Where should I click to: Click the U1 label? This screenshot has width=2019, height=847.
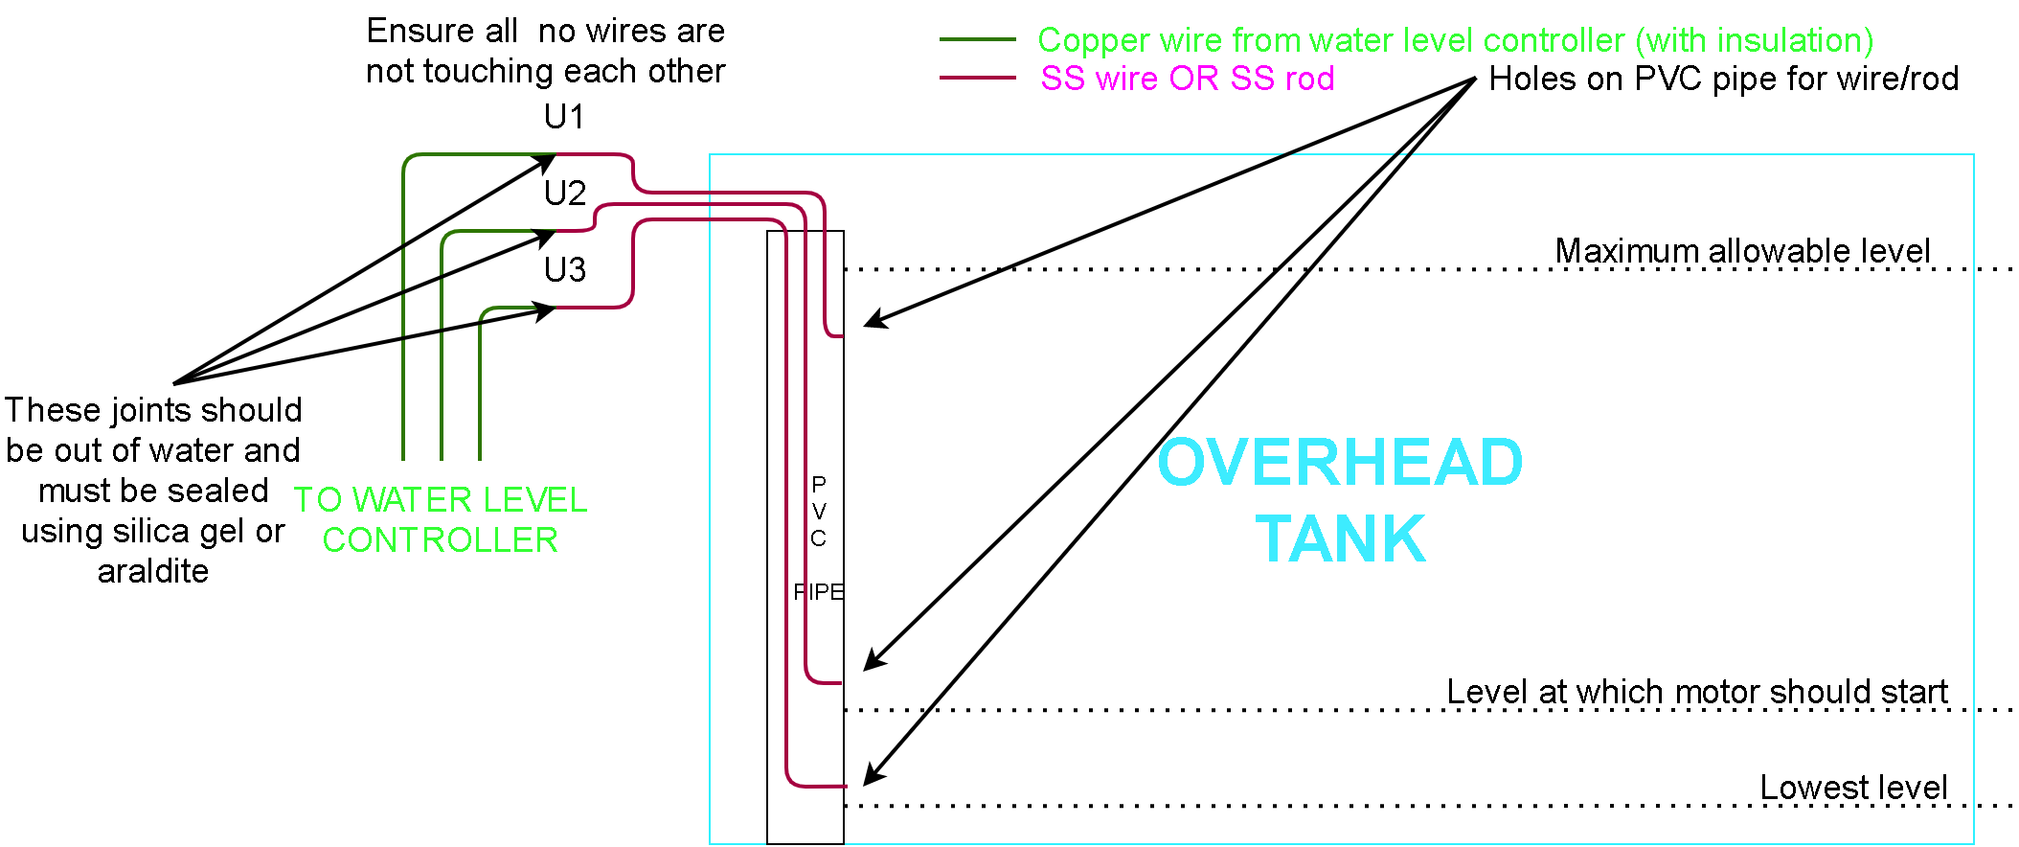(564, 117)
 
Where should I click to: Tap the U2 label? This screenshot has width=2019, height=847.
(564, 194)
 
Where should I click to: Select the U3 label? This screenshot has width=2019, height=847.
(564, 270)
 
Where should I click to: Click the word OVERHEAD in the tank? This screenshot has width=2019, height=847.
(1340, 463)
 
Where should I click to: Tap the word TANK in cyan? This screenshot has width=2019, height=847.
(1340, 539)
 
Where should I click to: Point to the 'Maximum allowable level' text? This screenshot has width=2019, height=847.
(1741, 251)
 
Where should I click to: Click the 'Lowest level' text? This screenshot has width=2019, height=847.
(1853, 788)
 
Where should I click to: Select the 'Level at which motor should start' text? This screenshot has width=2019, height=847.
(1697, 692)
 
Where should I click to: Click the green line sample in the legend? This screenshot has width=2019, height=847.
(977, 40)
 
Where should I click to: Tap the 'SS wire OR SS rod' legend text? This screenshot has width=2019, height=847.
(1188, 79)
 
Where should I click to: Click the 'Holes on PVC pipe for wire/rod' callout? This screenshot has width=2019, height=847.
(1723, 79)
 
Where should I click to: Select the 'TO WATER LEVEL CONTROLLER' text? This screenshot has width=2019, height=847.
(441, 519)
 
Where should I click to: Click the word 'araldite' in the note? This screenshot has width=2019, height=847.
(153, 571)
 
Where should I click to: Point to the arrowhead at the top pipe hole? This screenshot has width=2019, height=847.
(873, 321)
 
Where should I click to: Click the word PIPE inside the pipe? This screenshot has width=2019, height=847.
(818, 592)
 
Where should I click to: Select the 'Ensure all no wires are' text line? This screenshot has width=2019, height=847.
(545, 31)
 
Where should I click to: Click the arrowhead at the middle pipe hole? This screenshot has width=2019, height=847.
(873, 660)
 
